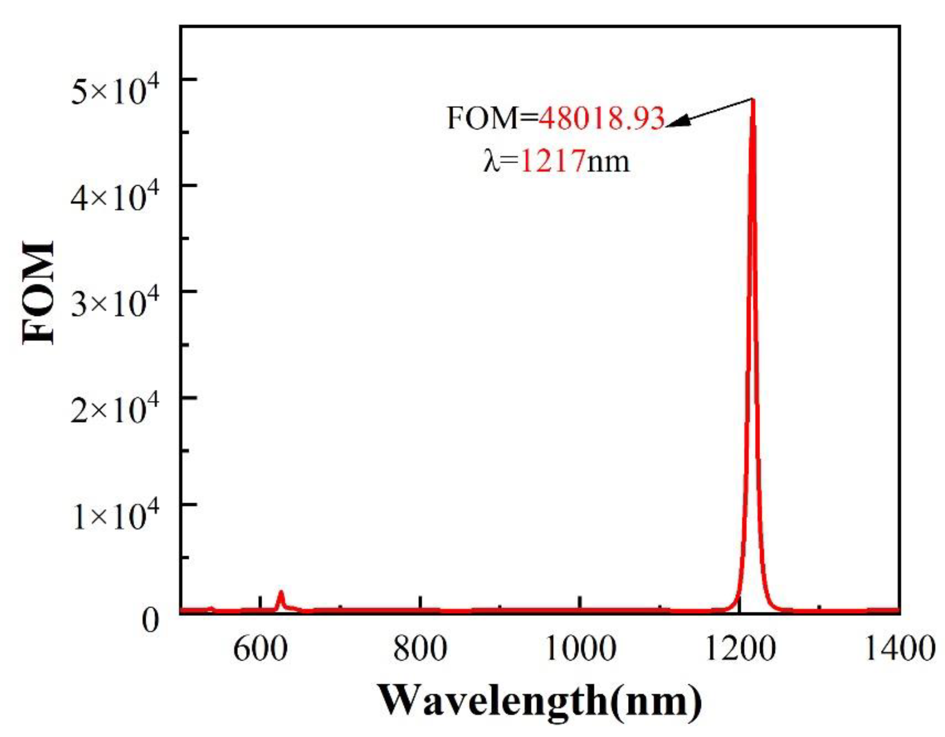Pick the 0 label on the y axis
point(150,622)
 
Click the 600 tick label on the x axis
point(260,649)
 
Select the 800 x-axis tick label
point(420,649)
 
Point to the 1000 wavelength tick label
point(580,649)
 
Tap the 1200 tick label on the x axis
point(739,649)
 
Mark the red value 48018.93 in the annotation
point(602,118)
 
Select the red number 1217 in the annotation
point(553,161)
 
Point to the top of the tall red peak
point(753,100)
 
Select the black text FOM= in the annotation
point(492,118)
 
